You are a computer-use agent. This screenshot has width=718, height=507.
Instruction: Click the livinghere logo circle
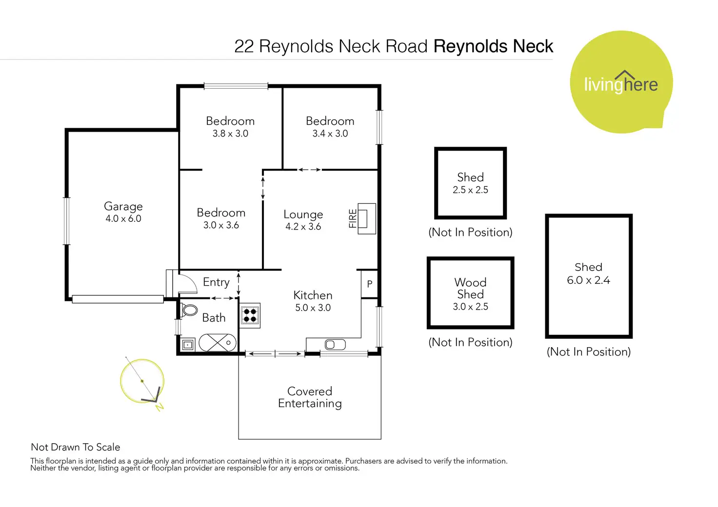[621, 82]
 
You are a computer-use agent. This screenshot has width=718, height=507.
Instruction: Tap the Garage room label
[123, 206]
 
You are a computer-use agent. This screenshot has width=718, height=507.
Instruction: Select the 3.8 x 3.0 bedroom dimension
[230, 134]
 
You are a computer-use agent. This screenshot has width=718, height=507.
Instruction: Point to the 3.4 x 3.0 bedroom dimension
[330, 134]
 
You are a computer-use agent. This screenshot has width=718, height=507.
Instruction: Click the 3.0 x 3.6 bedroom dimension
[221, 225]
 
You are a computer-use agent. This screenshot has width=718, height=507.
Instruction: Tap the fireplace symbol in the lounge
[367, 219]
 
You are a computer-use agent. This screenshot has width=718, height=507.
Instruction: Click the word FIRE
[353, 218]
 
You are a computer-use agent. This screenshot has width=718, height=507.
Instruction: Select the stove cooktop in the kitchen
[250, 315]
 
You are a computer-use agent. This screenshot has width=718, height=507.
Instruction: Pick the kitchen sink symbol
[335, 345]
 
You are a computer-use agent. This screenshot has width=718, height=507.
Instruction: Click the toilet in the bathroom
[189, 310]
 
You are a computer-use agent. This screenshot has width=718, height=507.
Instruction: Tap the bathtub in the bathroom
[218, 343]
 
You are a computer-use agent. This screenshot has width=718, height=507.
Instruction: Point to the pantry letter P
[370, 284]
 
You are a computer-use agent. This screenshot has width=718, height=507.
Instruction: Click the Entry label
[216, 282]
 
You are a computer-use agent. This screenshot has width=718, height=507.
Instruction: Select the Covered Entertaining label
[310, 397]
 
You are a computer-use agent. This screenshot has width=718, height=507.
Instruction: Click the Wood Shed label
[470, 288]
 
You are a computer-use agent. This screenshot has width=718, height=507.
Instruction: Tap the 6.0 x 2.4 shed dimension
[589, 280]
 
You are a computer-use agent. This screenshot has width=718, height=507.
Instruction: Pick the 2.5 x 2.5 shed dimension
[470, 190]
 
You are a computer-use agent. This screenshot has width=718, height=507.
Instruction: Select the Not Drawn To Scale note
[75, 447]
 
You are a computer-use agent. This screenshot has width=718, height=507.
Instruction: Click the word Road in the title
[406, 46]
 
